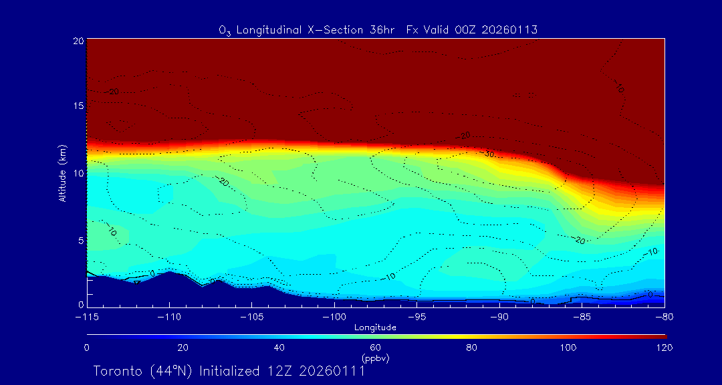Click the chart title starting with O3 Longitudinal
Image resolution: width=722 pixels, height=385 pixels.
pyautogui.click(x=378, y=30)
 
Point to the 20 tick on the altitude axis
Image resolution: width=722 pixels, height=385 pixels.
pyautogui.click(x=78, y=41)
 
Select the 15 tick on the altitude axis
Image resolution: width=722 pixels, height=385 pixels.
pyautogui.click(x=78, y=106)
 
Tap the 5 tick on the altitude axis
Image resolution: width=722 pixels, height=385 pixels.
pyautogui.click(x=80, y=240)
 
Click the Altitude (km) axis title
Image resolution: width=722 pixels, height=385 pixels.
pyautogui.click(x=62, y=173)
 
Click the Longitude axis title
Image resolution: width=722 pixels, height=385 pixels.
pyautogui.click(x=375, y=328)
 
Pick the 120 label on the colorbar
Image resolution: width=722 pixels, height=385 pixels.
pyautogui.click(x=665, y=348)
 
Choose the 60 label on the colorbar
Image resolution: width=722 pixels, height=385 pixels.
pyautogui.click(x=375, y=348)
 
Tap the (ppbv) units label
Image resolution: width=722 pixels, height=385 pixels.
pyautogui.click(x=375, y=358)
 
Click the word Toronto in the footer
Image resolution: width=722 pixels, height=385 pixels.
pyautogui.click(x=116, y=371)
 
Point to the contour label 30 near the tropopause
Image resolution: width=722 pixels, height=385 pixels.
pyautogui.click(x=489, y=154)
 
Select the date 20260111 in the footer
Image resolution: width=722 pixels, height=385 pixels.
pyautogui.click(x=332, y=371)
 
